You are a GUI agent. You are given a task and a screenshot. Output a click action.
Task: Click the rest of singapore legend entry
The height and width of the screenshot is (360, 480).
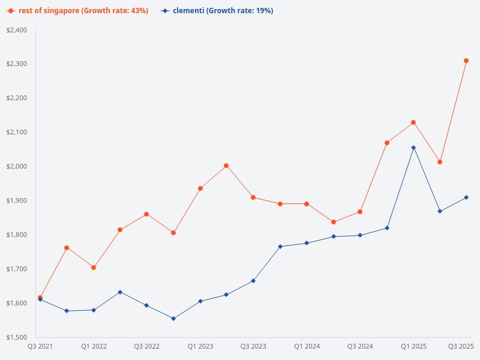tap(78, 11)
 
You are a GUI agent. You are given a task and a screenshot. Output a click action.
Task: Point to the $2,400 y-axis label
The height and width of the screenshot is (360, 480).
tap(16, 30)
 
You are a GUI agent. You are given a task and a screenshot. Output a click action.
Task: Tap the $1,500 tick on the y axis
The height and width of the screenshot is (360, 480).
tap(16, 337)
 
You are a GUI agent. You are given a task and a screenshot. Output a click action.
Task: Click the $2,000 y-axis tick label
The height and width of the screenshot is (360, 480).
tap(16, 166)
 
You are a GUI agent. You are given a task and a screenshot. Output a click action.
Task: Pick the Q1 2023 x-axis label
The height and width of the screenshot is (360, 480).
tap(200, 347)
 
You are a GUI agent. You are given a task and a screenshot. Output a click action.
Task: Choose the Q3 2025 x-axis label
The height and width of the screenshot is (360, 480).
tap(461, 347)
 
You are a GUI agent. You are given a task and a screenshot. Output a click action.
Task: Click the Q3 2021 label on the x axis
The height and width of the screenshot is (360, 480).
tap(40, 347)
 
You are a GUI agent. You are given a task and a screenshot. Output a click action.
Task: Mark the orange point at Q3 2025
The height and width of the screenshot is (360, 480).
tap(466, 61)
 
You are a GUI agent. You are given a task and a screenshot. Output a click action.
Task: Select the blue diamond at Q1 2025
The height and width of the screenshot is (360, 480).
tap(413, 148)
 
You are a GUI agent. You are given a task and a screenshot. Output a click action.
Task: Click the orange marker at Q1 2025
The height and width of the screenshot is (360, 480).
tap(413, 122)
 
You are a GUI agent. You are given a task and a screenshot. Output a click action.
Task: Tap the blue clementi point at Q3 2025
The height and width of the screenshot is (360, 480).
tap(466, 197)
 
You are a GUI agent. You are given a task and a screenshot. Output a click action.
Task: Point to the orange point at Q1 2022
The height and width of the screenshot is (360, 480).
tap(94, 268)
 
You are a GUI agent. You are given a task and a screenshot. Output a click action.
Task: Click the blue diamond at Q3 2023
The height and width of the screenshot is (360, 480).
tap(253, 281)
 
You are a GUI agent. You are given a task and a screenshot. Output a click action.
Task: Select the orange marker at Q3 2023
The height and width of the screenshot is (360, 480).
tap(253, 197)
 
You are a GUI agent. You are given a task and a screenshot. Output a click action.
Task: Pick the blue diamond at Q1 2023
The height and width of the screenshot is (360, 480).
tap(200, 301)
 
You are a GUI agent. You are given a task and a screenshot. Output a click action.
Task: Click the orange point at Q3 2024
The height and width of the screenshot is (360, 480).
tap(360, 212)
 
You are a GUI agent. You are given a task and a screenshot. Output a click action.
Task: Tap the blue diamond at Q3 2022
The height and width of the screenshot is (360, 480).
tap(146, 305)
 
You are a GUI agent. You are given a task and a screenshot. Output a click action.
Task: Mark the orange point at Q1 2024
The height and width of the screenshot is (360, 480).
tap(307, 204)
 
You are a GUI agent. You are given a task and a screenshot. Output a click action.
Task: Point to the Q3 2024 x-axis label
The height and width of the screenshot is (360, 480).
tap(360, 347)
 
